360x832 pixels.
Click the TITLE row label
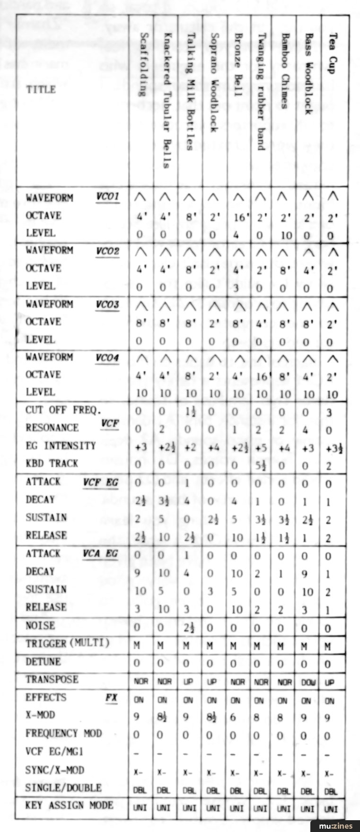(x=41, y=89)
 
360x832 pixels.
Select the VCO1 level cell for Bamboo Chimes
(x=283, y=235)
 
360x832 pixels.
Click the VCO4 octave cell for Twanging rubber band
(x=261, y=377)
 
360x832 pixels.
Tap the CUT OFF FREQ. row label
(x=63, y=410)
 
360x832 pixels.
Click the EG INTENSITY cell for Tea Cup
(x=334, y=447)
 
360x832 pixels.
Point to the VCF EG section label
(x=101, y=482)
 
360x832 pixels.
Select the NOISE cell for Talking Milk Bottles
(x=188, y=628)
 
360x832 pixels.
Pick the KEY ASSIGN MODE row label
(x=69, y=805)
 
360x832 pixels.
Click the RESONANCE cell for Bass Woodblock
(x=306, y=430)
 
